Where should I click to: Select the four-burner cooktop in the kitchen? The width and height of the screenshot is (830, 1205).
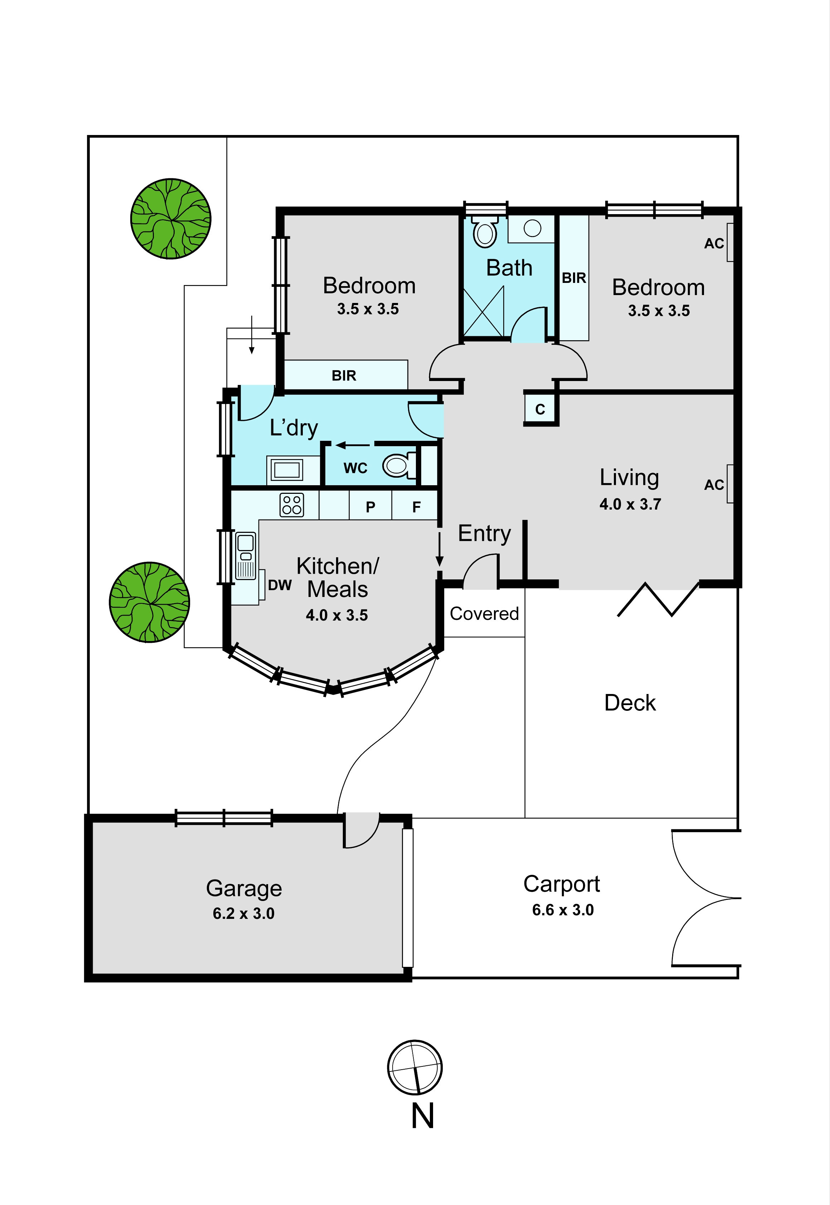click(292, 505)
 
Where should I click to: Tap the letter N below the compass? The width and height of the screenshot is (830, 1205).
click(422, 1116)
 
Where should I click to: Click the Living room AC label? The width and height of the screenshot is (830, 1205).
click(714, 485)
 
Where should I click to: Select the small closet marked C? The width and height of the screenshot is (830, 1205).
click(540, 409)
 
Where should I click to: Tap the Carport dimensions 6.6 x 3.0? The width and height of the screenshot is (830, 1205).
click(563, 910)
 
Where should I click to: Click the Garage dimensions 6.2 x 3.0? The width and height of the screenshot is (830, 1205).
click(243, 913)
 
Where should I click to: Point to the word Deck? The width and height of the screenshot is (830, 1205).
click(630, 703)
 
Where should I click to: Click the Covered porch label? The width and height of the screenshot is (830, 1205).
click(484, 613)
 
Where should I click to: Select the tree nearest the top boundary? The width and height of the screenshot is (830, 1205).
click(171, 218)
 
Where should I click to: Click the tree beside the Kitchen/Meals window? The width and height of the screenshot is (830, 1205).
click(149, 602)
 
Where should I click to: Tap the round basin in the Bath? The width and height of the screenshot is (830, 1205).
click(532, 228)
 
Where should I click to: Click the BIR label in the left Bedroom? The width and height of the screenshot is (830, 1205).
click(344, 376)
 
